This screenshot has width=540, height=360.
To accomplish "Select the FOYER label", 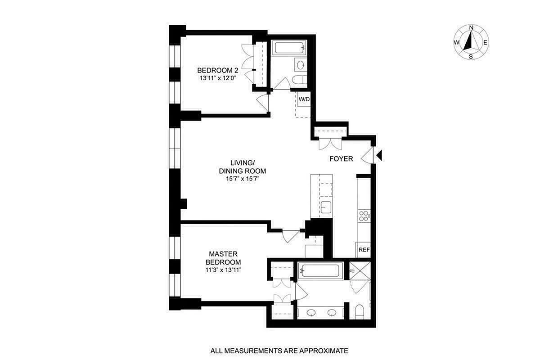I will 341,158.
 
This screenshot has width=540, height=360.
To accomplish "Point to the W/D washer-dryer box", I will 304,99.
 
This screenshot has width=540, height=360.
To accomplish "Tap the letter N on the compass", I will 471,28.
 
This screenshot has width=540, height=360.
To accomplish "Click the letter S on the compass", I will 471,57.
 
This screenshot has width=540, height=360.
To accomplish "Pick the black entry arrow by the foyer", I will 379,156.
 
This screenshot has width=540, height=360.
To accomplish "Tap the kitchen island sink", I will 326,207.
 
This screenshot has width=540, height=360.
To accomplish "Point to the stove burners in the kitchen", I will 363,216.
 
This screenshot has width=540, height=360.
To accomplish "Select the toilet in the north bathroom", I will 300,80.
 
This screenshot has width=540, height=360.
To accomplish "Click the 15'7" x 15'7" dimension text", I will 242,179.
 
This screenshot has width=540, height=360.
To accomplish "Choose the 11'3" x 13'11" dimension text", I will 223,270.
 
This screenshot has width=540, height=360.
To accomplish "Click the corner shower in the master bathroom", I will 360,271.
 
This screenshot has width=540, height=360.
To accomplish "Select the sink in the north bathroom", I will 300,65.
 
